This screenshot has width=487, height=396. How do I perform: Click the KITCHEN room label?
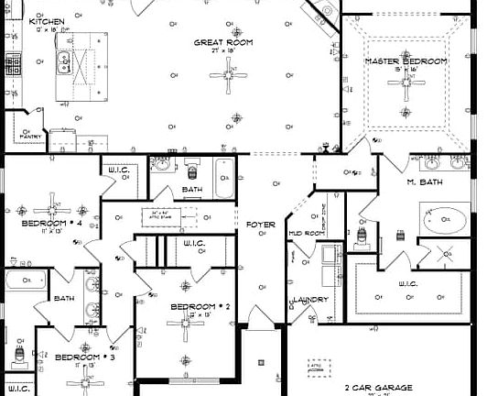click(46, 20)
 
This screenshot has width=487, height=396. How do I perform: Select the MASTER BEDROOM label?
click(406, 61)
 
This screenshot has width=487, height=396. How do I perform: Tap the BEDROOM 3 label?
click(83, 357)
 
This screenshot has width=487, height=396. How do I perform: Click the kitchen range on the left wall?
click(13, 66)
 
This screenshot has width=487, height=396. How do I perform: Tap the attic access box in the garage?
click(318, 367)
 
